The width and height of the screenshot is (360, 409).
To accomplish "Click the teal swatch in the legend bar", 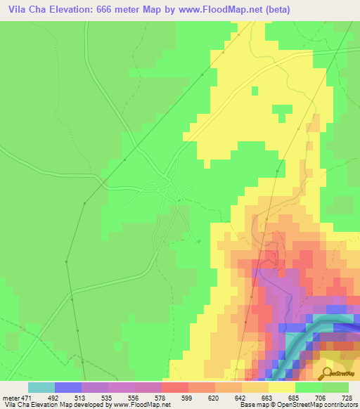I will pos(41,387).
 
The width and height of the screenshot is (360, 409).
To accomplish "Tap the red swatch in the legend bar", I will pos(174,387).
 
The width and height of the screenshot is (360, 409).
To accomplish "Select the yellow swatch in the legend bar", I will pos(281,387).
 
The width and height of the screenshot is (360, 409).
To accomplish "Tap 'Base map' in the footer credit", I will pos(250,404).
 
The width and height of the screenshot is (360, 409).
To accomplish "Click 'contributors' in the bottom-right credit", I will pos(340,404).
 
